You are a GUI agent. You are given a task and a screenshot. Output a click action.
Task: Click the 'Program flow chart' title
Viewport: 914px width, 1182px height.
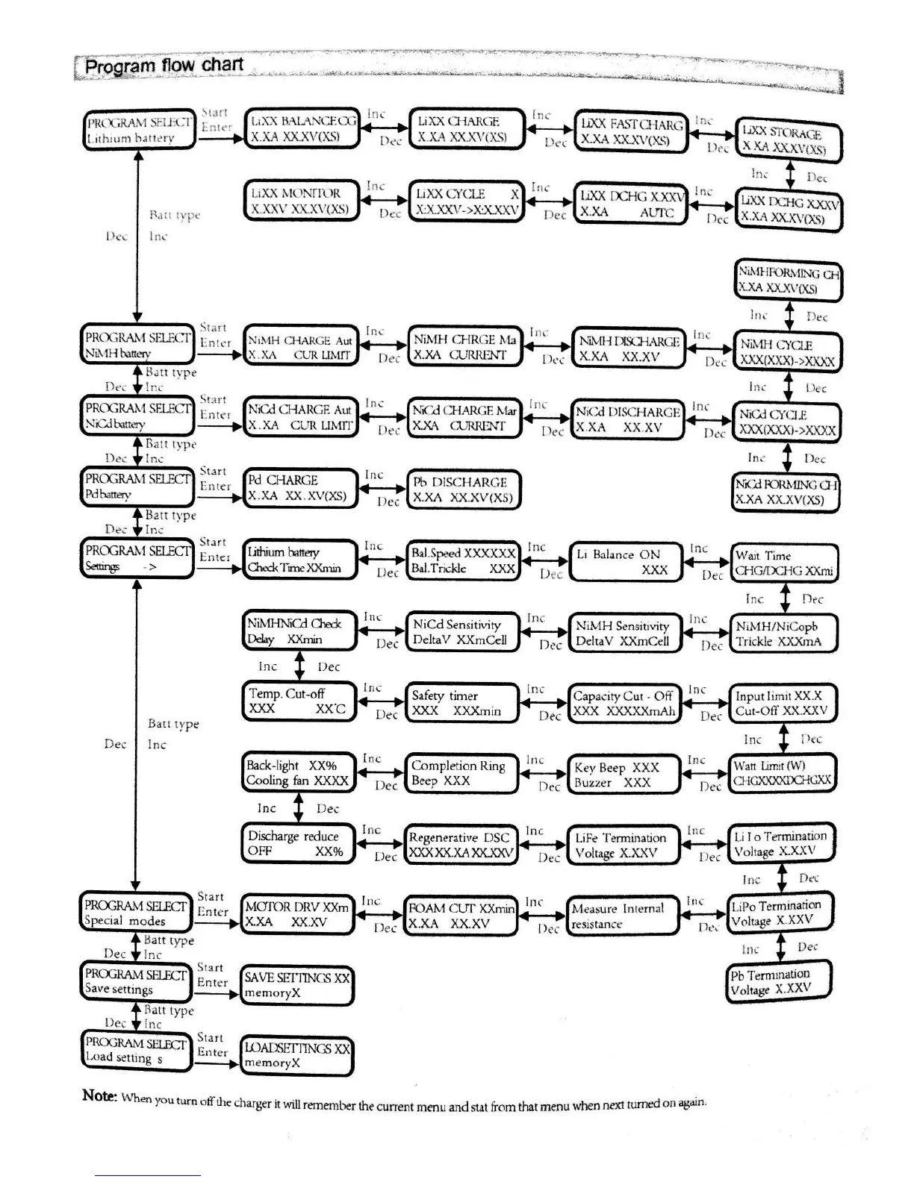pos(164,66)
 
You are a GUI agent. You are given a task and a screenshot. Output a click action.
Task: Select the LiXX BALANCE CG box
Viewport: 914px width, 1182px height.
pos(302,128)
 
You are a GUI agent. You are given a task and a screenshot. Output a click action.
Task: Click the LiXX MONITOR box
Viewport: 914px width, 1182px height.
pos(301,201)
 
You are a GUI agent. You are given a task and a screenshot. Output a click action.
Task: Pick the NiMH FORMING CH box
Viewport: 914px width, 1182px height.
pos(788,281)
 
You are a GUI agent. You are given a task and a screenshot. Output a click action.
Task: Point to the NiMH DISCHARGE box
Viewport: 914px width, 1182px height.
pos(629,348)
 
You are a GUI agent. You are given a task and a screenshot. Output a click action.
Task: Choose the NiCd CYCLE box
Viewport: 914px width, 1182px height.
pos(786,422)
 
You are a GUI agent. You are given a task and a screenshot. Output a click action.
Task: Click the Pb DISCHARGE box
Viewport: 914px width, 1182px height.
pos(463,490)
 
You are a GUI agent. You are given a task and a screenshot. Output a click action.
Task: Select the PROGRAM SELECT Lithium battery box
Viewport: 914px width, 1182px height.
pos(139,130)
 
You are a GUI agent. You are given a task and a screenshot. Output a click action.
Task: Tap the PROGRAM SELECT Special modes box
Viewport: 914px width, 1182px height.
pos(135,913)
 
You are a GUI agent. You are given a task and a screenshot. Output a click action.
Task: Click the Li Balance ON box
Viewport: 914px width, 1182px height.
pos(626,562)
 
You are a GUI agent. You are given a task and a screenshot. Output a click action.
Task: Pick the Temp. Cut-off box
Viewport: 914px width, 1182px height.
pos(297,701)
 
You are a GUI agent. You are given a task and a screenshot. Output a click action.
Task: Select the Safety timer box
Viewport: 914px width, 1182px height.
pos(461,703)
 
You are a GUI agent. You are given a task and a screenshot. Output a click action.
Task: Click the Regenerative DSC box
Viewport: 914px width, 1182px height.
pos(460,845)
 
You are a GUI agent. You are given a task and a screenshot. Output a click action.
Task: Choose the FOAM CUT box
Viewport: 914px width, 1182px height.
pos(461,916)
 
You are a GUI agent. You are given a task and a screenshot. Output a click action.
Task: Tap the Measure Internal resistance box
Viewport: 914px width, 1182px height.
pos(623,916)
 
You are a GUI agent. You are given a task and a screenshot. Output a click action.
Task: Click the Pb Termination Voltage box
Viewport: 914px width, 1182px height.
pos(779,981)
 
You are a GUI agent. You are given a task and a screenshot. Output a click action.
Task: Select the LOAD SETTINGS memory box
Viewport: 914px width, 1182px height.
pos(296,1055)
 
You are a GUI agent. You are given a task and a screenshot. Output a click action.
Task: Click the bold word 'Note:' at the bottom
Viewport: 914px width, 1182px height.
pos(99,1095)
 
